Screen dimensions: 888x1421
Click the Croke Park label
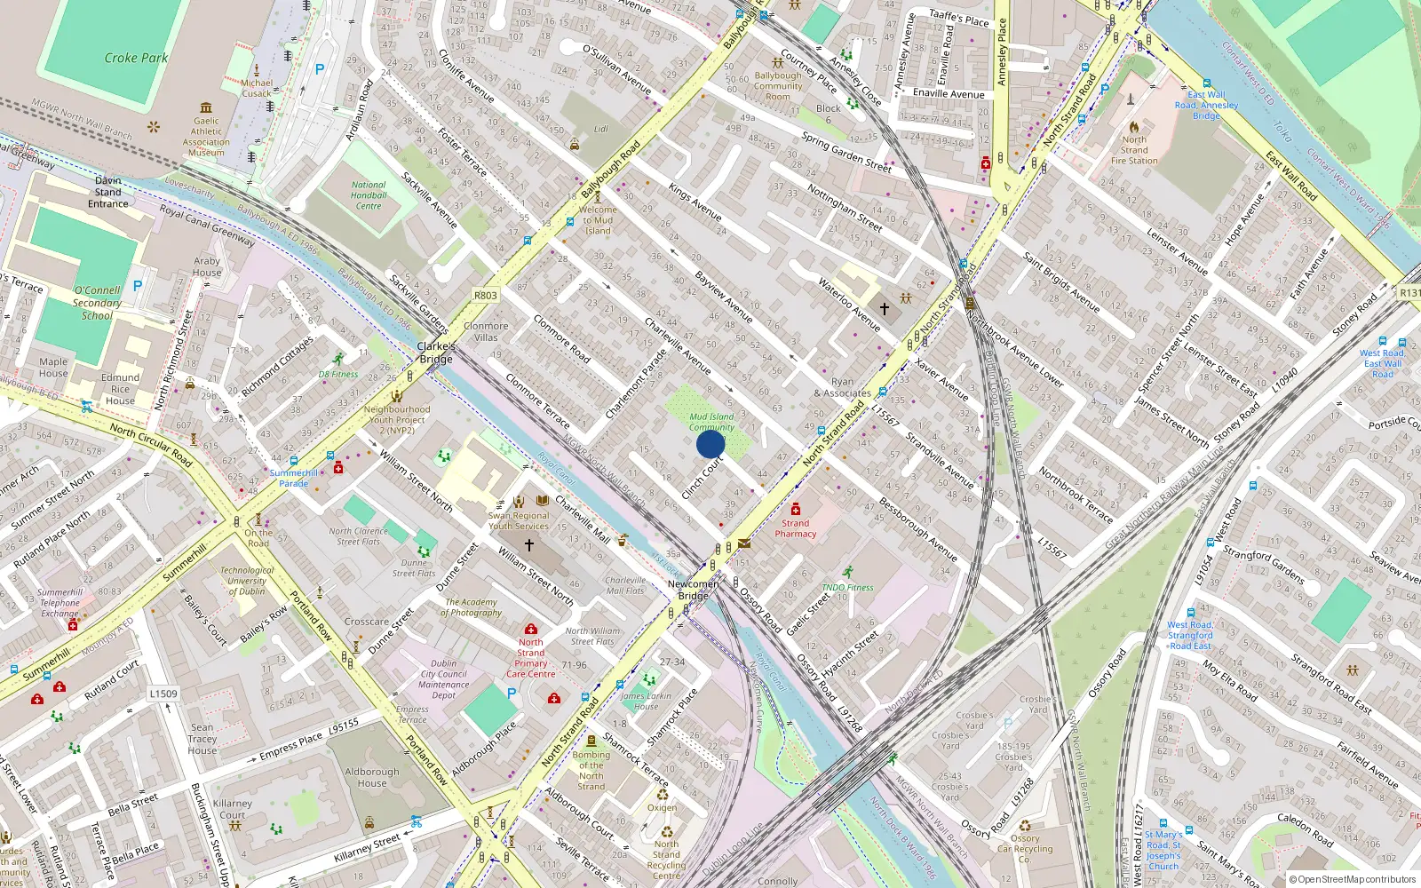(136, 58)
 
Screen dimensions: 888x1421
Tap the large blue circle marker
(710, 444)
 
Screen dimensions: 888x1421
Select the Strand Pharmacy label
(795, 528)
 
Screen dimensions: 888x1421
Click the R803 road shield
(486, 296)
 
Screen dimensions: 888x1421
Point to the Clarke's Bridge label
(436, 353)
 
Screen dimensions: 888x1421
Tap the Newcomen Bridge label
(694, 590)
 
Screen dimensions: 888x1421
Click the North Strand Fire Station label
(1134, 150)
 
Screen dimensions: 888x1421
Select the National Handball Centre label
(369, 195)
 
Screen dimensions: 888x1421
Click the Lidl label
(601, 129)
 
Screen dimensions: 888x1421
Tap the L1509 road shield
(163, 694)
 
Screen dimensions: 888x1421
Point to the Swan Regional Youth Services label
(519, 520)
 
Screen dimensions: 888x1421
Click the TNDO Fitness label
(847, 587)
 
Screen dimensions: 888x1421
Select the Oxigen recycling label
(662, 807)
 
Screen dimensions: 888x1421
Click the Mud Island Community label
(711, 422)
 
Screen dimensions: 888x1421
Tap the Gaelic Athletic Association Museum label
(206, 137)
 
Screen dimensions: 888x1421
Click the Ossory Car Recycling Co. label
(1025, 849)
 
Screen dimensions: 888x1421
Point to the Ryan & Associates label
(842, 387)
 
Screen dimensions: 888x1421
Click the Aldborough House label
(372, 777)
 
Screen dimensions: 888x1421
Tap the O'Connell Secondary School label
(98, 303)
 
